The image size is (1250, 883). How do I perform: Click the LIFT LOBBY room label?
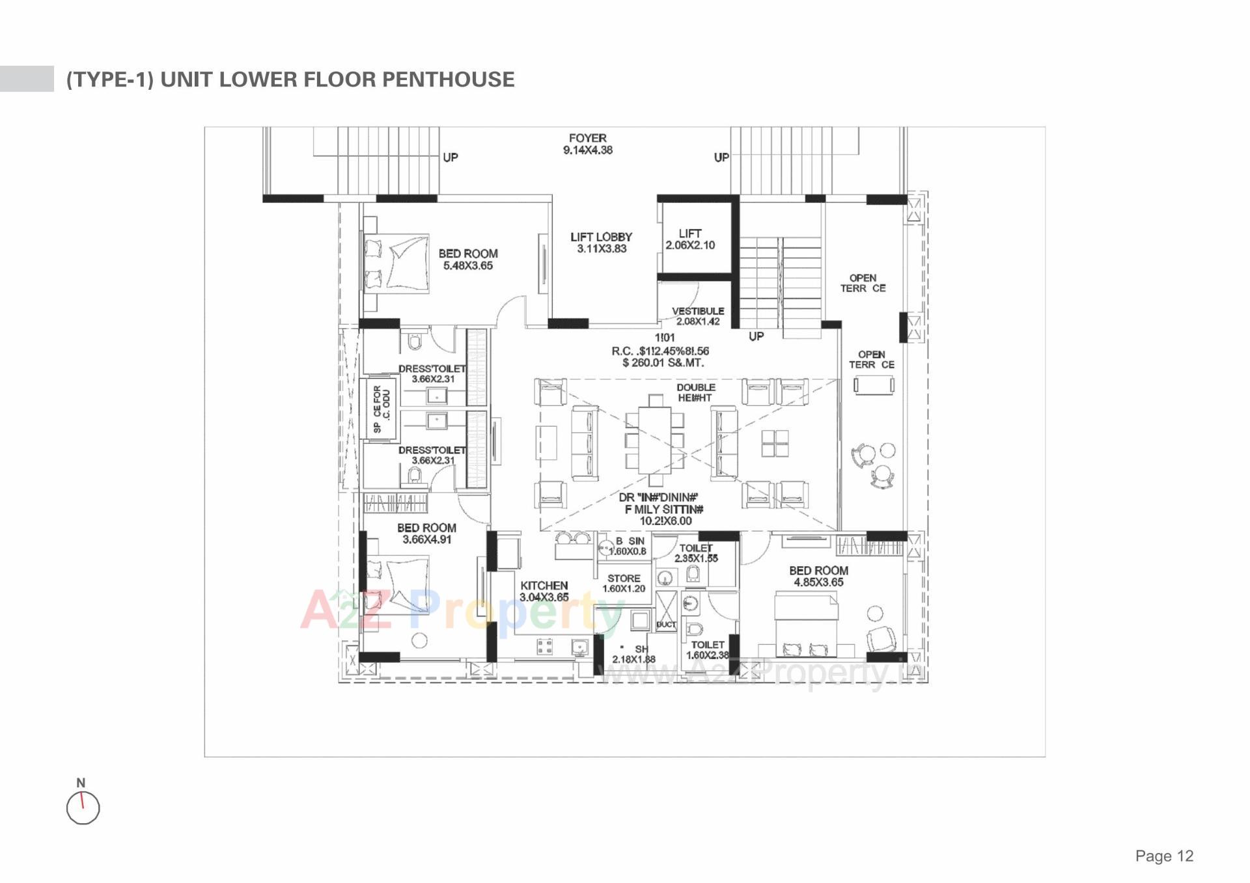pyautogui.click(x=601, y=243)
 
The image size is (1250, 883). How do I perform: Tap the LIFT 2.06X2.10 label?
pyautogui.click(x=690, y=239)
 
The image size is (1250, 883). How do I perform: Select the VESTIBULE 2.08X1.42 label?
pyautogui.click(x=697, y=316)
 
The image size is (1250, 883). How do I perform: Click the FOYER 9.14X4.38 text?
pyautogui.click(x=587, y=144)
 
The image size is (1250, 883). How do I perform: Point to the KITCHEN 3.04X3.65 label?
pyautogui.click(x=544, y=591)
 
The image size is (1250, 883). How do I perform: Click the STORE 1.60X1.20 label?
pyautogui.click(x=624, y=583)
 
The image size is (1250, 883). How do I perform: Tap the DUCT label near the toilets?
pyautogui.click(x=666, y=625)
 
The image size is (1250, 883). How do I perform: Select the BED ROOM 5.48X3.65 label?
pyautogui.click(x=468, y=259)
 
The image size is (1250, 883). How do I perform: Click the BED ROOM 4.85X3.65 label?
pyautogui.click(x=818, y=576)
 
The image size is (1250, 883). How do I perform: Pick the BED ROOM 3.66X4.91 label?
pyautogui.click(x=426, y=534)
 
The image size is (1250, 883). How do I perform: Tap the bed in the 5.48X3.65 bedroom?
pyautogui.click(x=397, y=262)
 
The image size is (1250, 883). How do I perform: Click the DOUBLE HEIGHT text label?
pyautogui.click(x=695, y=392)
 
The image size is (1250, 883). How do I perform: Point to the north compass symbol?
pyautogui.click(x=83, y=808)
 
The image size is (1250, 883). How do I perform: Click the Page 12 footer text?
pyautogui.click(x=1163, y=856)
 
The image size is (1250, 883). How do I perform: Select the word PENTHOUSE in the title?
pyautogui.click(x=448, y=79)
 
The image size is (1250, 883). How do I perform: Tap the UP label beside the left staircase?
pyautogui.click(x=451, y=157)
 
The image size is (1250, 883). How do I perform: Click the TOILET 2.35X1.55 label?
pyautogui.click(x=696, y=553)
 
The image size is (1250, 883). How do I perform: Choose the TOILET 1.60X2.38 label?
pyautogui.click(x=707, y=649)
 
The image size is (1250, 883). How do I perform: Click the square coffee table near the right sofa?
pyautogui.click(x=775, y=444)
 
